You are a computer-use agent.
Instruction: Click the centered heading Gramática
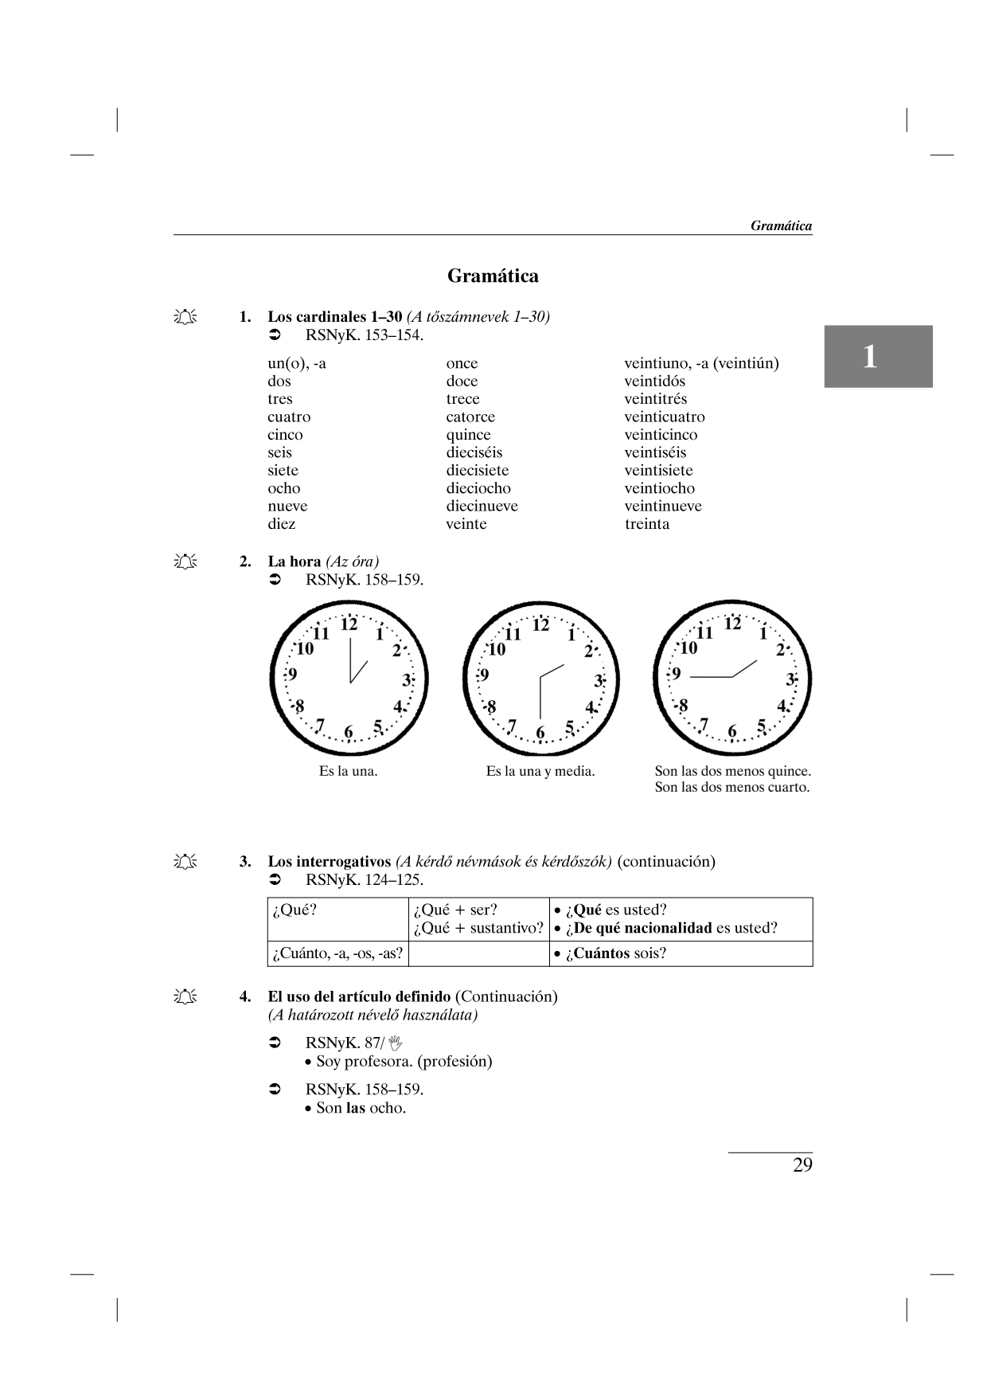point(493,276)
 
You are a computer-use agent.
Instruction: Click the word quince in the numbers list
point(468,435)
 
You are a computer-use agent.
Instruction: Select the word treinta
point(646,524)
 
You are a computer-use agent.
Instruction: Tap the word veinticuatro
point(664,417)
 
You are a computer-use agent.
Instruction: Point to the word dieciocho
point(478,488)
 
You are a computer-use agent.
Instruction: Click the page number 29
point(802,1165)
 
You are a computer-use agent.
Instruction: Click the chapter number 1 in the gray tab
point(870,357)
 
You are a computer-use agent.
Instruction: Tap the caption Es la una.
point(348,771)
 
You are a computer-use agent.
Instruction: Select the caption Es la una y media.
point(540,771)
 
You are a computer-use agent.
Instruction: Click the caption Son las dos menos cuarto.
point(731,788)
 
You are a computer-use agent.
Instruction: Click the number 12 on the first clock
point(349,624)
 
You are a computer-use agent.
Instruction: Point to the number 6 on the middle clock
point(540,733)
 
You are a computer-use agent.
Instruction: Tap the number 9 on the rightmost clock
point(677,674)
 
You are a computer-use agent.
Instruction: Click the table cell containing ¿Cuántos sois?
point(681,953)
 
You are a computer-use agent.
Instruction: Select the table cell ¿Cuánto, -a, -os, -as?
point(337,953)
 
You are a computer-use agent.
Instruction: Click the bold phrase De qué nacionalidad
point(643,928)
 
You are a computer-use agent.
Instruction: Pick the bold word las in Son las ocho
point(355,1108)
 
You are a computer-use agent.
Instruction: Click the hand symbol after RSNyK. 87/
point(396,1043)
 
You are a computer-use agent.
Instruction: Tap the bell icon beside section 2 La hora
point(185,562)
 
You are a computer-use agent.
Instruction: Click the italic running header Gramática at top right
point(781,225)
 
